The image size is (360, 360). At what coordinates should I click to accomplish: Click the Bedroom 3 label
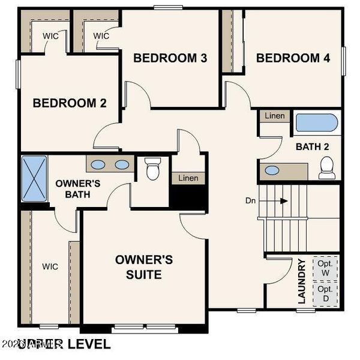[x=170, y=58]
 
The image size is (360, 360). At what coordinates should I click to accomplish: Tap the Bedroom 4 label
[x=293, y=58]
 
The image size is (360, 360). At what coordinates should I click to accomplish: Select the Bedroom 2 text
[x=70, y=103]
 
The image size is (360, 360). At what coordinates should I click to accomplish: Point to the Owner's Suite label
[x=144, y=267]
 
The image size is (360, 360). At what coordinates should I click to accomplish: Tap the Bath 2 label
[x=312, y=146]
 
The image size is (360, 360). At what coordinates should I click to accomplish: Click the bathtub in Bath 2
[x=317, y=123]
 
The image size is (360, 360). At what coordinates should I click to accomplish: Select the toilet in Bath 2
[x=328, y=167]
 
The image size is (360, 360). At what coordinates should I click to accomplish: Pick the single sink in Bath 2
[x=272, y=170]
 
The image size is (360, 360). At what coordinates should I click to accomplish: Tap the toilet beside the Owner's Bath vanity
[x=153, y=169]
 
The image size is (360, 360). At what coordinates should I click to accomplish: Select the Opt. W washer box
[x=326, y=268]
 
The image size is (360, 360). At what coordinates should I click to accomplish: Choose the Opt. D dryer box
[x=326, y=294]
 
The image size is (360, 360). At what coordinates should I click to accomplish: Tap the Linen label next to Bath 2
[x=275, y=115]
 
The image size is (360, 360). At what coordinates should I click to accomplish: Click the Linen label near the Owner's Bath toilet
[x=188, y=178]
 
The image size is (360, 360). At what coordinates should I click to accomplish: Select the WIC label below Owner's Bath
[x=50, y=266]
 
